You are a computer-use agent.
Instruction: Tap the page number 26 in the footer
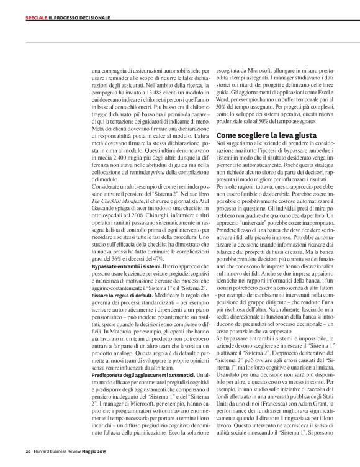pyautogui.click(x=29, y=451)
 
